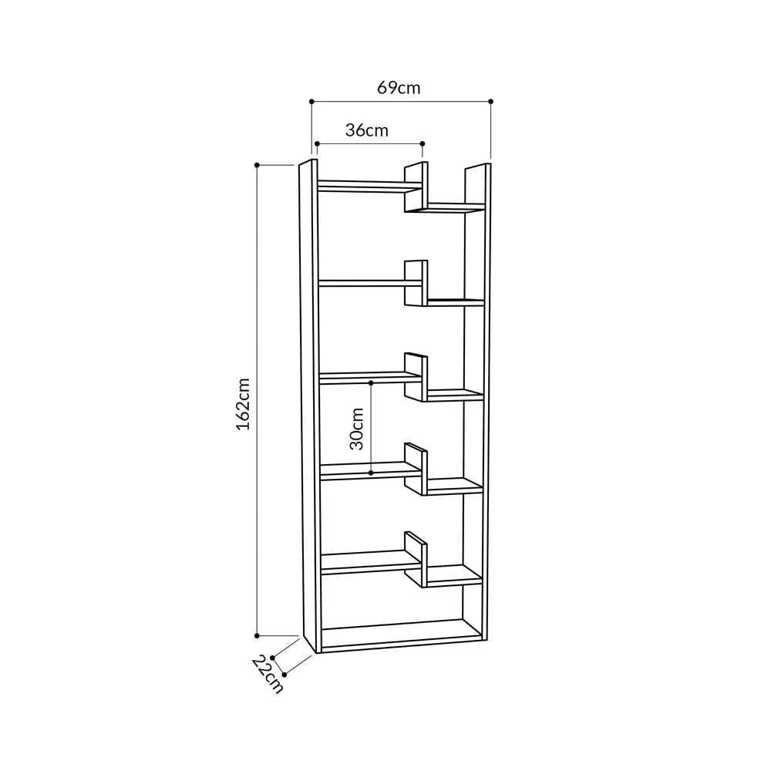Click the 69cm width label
pos(399,87)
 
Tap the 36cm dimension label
pos(367,130)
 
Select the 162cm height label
pos(243,403)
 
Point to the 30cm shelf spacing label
pos(356,429)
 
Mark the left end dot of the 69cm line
pos(311,101)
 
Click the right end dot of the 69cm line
pos(490,101)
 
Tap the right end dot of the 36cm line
pos(423,143)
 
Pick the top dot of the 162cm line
pos(257,164)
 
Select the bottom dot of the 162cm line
pos(257,635)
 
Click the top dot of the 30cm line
pos(371,382)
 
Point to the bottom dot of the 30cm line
pos(371,472)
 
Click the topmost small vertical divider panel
pos(415,187)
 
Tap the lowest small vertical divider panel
pos(415,560)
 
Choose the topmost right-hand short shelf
pos(455,207)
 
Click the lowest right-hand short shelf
pos(453,574)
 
